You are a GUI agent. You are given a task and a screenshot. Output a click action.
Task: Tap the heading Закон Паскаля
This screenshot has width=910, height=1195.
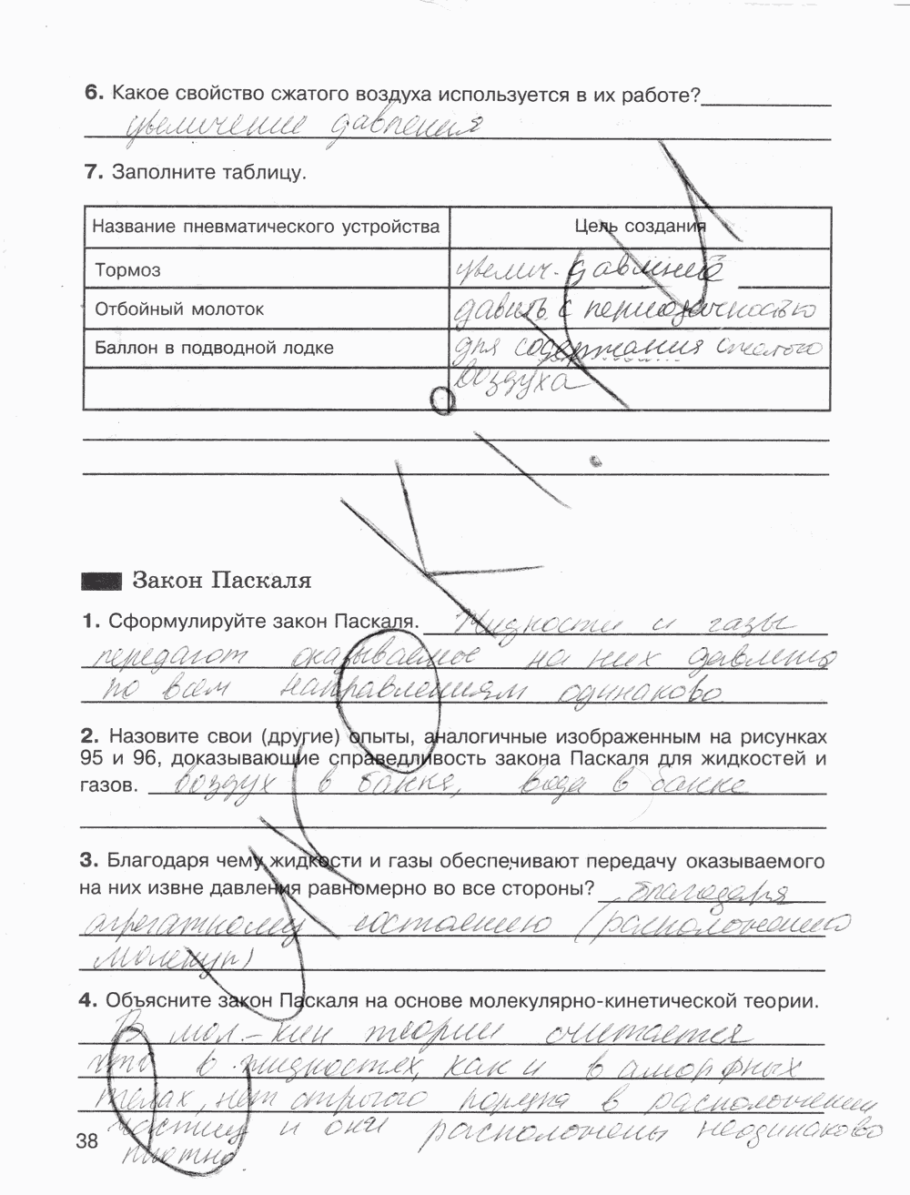222,581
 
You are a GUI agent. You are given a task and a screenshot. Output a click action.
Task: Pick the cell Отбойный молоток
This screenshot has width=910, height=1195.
179,309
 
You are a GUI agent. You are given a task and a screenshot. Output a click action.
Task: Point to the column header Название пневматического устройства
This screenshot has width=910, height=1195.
267,227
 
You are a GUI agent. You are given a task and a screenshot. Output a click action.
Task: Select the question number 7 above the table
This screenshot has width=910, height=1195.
91,172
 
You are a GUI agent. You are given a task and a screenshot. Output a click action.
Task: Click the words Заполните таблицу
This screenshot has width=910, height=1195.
209,172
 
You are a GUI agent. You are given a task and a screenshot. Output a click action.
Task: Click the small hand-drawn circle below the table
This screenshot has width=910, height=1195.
442,401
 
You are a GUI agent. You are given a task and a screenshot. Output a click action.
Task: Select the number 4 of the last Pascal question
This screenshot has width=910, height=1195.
87,1001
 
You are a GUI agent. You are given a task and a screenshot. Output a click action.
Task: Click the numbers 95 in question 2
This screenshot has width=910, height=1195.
94,758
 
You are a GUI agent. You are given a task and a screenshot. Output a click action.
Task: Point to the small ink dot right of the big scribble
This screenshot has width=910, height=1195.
596,461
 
